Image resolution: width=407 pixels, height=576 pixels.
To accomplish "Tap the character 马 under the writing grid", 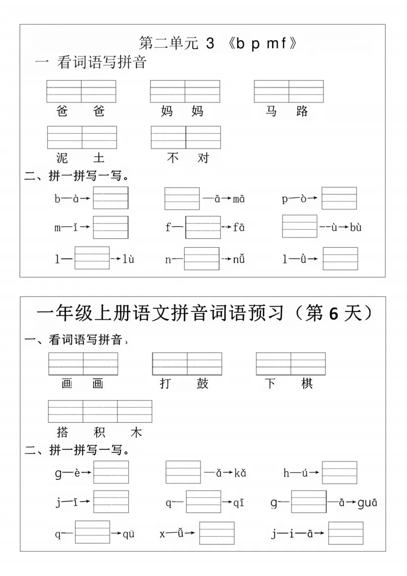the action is pos(271,111).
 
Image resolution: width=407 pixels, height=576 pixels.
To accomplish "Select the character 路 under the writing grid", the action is pos(302,111).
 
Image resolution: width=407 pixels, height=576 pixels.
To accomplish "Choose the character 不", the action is pos(173,158).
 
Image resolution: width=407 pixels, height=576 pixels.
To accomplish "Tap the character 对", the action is pos(203,158).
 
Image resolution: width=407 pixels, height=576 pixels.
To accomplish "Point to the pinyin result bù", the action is pos(356,227).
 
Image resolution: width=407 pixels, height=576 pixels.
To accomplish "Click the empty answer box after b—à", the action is pos(111,198).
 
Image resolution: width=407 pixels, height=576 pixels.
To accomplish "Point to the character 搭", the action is pos(63,433).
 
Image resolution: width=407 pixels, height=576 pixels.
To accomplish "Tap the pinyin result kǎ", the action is pos(240,473).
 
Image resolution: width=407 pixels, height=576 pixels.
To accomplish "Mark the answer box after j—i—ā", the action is pos(345,533).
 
